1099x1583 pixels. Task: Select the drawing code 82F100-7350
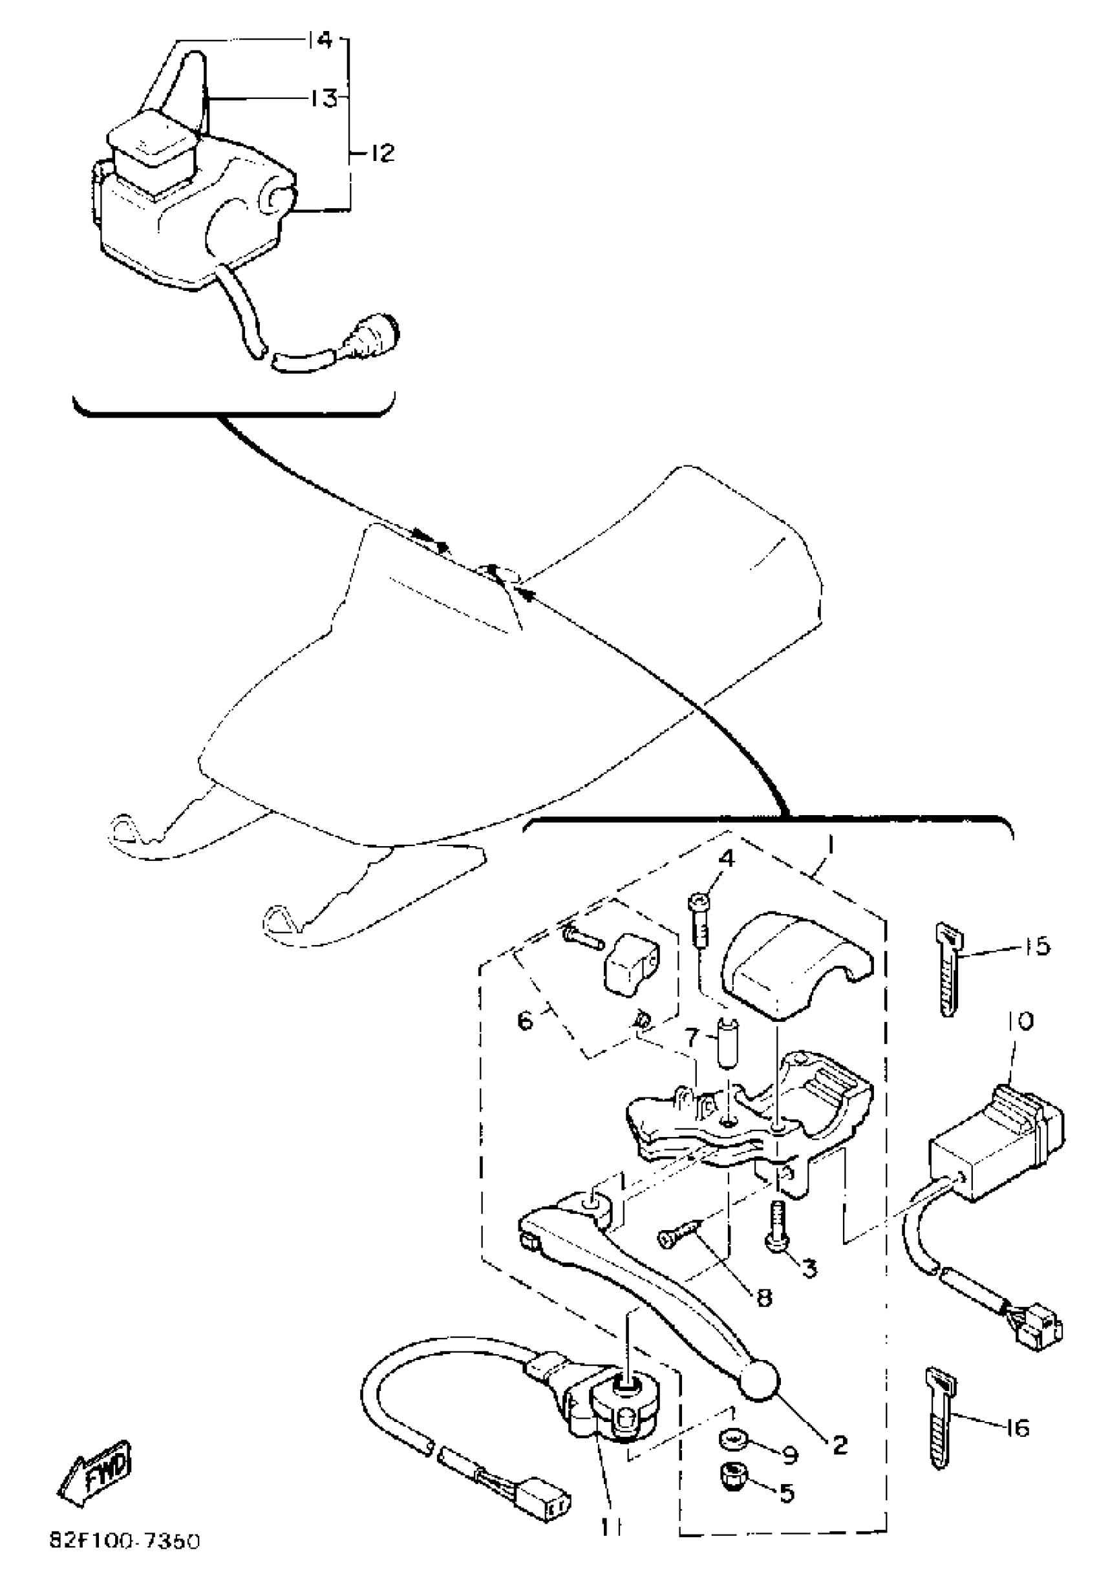click(x=125, y=1560)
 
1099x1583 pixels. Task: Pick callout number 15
click(x=1037, y=946)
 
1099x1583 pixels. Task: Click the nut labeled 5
click(x=732, y=1475)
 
